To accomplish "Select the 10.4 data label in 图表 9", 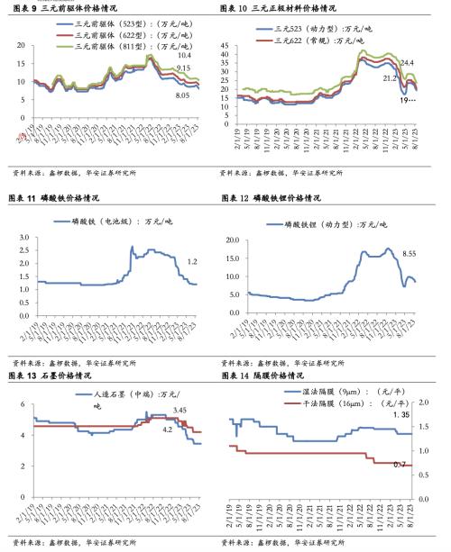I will click(185, 55).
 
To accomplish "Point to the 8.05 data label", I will click(181, 95).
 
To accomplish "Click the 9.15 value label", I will click(183, 68).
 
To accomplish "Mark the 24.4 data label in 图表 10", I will click(408, 62).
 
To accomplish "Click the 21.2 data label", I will click(390, 78).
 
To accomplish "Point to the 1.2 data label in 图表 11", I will click(191, 261).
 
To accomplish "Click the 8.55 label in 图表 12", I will click(410, 255).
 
